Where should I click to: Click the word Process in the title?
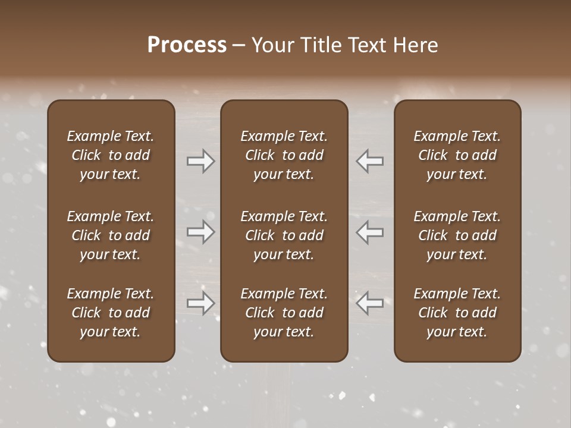click(187, 45)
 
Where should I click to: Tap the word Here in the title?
click(416, 45)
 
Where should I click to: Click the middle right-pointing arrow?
click(201, 232)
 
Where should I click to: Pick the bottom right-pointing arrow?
click(201, 303)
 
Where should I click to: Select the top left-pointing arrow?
click(369, 160)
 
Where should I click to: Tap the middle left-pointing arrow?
click(369, 232)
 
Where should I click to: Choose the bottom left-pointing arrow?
click(369, 303)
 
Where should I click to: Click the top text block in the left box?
click(111, 155)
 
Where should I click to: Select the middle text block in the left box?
click(111, 235)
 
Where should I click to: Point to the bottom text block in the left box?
click(111, 313)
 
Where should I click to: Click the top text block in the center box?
click(284, 155)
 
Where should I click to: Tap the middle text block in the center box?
click(284, 235)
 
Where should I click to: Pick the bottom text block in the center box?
click(284, 313)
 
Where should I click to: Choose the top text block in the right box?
click(457, 155)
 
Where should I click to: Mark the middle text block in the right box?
click(457, 235)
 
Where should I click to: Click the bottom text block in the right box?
click(457, 313)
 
